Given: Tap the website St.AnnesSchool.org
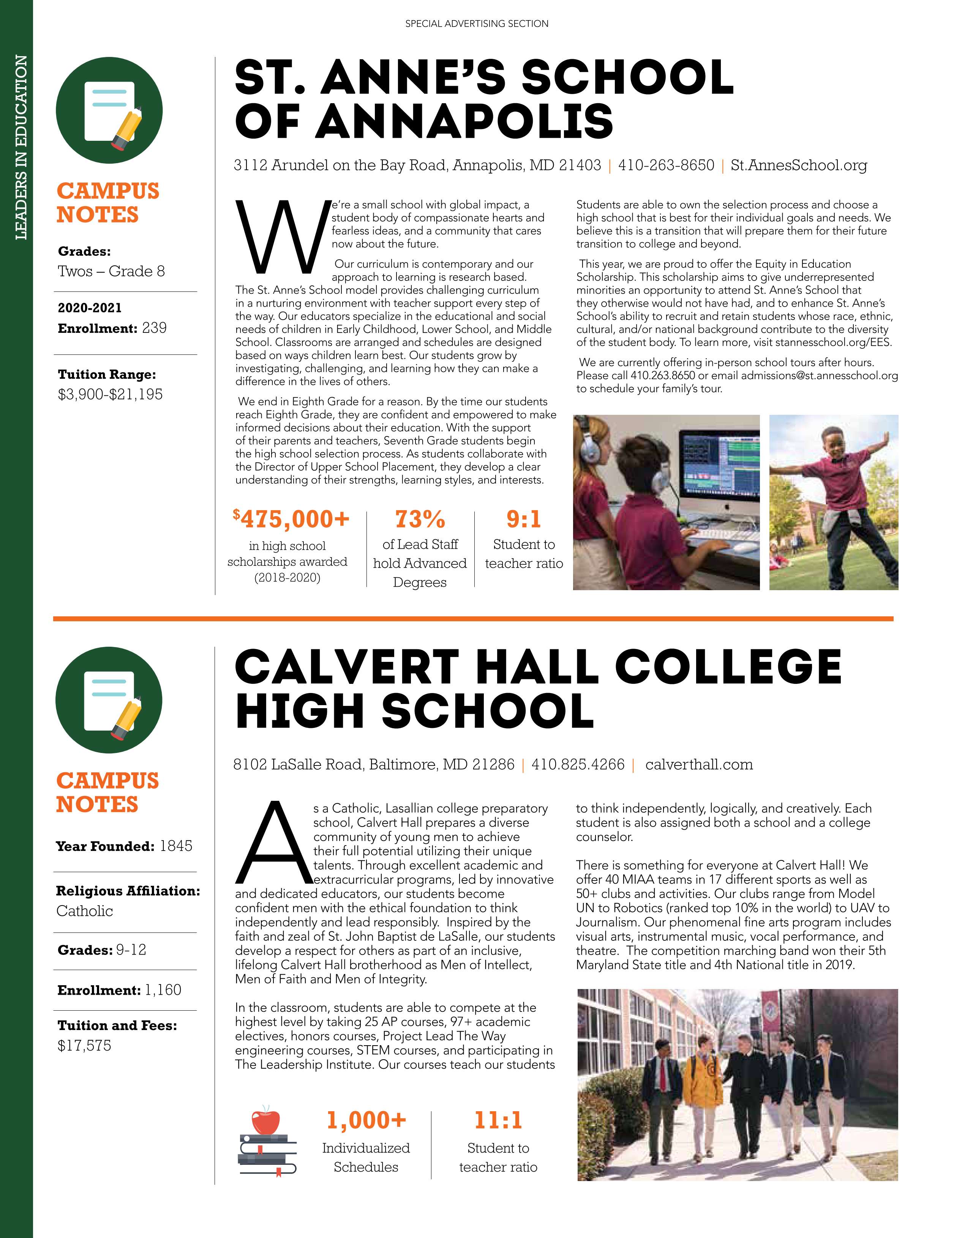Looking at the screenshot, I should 799,165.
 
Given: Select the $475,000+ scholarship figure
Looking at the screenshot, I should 291,519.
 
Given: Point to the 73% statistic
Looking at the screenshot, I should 420,519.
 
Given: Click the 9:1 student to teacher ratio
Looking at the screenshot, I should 523,519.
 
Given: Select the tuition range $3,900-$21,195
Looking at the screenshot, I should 110,395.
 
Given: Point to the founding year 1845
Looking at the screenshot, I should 176,846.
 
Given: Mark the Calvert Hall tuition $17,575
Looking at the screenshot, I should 85,1045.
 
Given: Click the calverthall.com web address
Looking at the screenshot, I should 699,765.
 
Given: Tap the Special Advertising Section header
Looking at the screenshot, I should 477,24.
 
